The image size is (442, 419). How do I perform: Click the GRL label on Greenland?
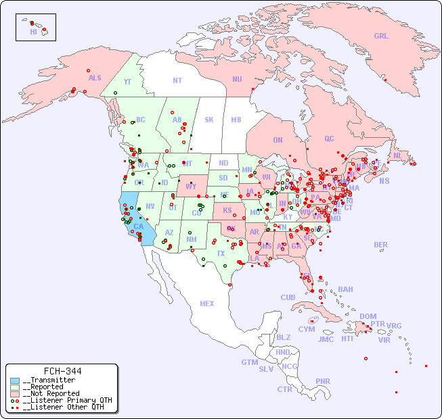pyautogui.click(x=381, y=36)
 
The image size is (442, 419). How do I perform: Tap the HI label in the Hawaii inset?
pyautogui.click(x=33, y=32)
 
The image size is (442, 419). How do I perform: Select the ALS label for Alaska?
pyautogui.click(x=95, y=78)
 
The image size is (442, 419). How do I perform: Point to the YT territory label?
pyautogui.click(x=127, y=82)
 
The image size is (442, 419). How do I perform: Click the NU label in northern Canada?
pyautogui.click(x=237, y=79)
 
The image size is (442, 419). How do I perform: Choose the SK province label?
pyautogui.click(x=209, y=120)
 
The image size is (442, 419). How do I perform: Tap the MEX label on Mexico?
pyautogui.click(x=207, y=304)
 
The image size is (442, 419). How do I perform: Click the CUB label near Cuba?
pyautogui.click(x=288, y=297)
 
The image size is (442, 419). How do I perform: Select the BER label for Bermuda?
pyautogui.click(x=380, y=245)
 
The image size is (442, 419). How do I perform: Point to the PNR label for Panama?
pyautogui.click(x=323, y=381)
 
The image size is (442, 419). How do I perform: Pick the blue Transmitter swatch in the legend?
pyautogui.click(x=15, y=380)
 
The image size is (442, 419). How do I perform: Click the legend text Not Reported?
pyautogui.click(x=51, y=393)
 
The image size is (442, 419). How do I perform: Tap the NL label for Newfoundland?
pyautogui.click(x=397, y=155)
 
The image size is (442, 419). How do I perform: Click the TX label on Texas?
pyautogui.click(x=221, y=254)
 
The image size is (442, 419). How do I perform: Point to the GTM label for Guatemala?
pyautogui.click(x=249, y=363)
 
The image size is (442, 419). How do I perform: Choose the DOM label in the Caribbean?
pyautogui.click(x=368, y=316)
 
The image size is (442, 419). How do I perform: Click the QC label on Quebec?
pyautogui.click(x=329, y=139)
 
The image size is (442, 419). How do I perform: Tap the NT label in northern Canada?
pyautogui.click(x=177, y=80)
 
